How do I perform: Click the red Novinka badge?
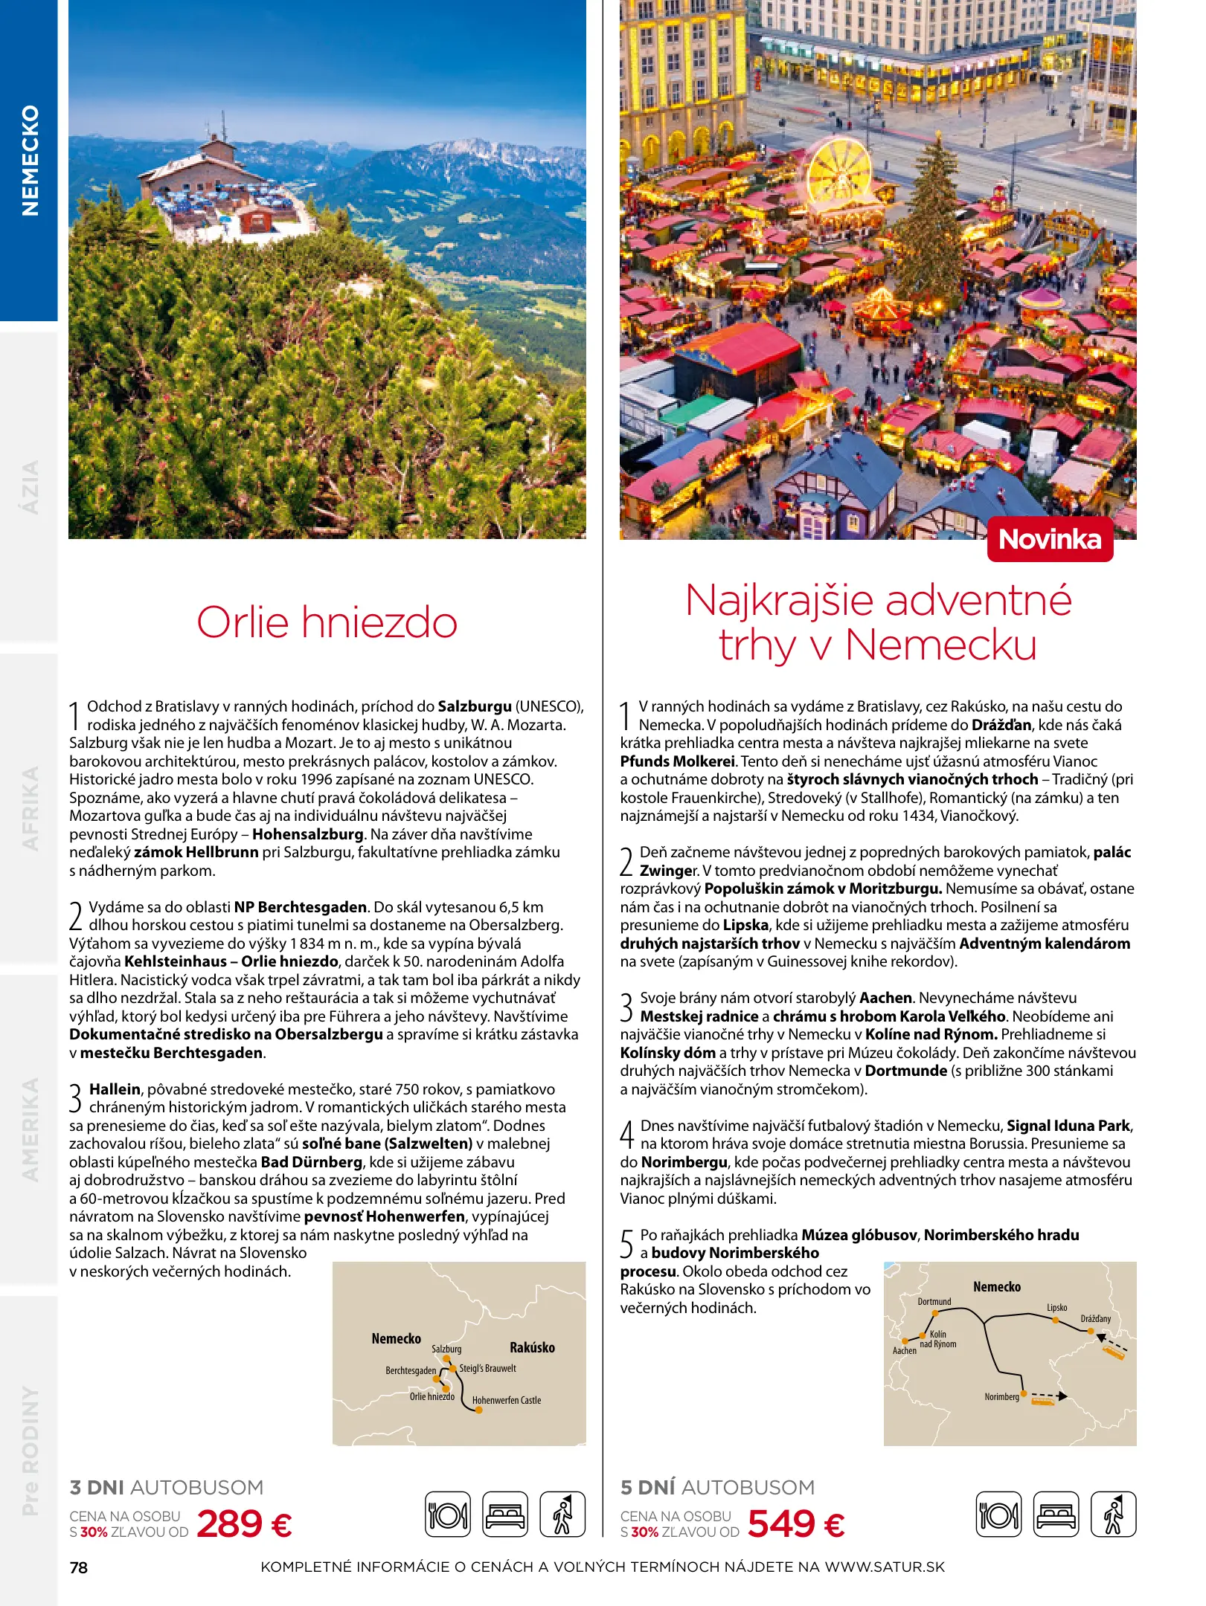click(1049, 539)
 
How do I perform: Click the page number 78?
click(78, 1567)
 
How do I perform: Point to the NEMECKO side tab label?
click(30, 160)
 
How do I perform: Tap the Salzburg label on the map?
click(446, 1349)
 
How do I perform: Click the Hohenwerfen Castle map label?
click(507, 1400)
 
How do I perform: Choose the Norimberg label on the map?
click(1001, 1397)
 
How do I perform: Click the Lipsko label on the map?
click(1056, 1307)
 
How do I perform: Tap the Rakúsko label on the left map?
click(532, 1347)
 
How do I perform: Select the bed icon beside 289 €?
click(505, 1514)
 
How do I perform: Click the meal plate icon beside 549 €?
click(998, 1514)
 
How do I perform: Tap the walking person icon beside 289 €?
click(562, 1514)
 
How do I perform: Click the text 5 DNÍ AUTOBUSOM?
click(717, 1487)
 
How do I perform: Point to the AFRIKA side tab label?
click(30, 808)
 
